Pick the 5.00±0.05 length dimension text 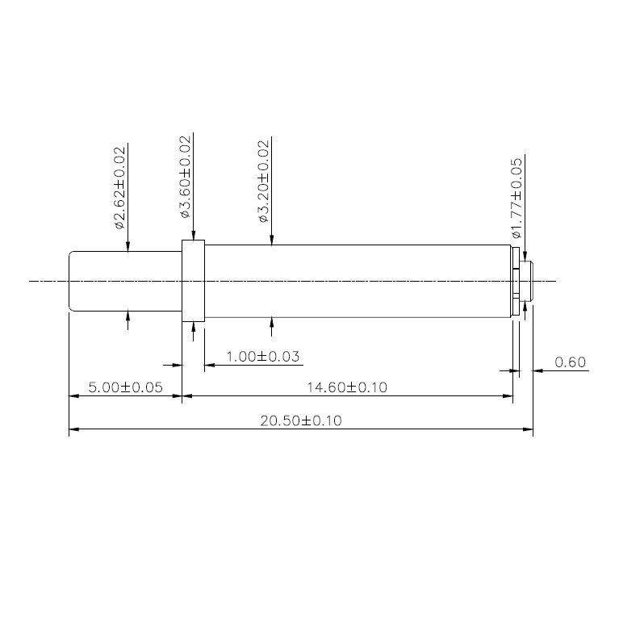(x=125, y=387)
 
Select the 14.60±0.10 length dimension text (x=347, y=387)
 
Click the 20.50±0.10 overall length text (x=300, y=420)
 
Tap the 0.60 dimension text (x=571, y=362)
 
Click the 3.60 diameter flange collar (x=194, y=281)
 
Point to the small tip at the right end (x=528, y=281)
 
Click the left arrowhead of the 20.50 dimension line (x=73, y=429)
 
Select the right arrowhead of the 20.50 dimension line (x=529, y=429)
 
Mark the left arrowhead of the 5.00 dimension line (x=73, y=396)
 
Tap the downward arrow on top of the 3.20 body (x=271, y=238)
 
